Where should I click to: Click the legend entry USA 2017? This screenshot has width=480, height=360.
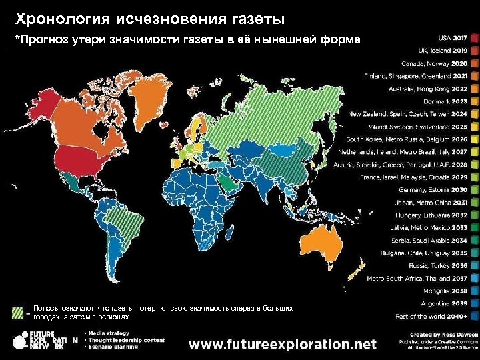tap(453, 38)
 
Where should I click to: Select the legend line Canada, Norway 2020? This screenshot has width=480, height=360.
tap(434, 63)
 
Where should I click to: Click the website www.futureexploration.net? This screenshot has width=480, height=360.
tap(283, 345)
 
